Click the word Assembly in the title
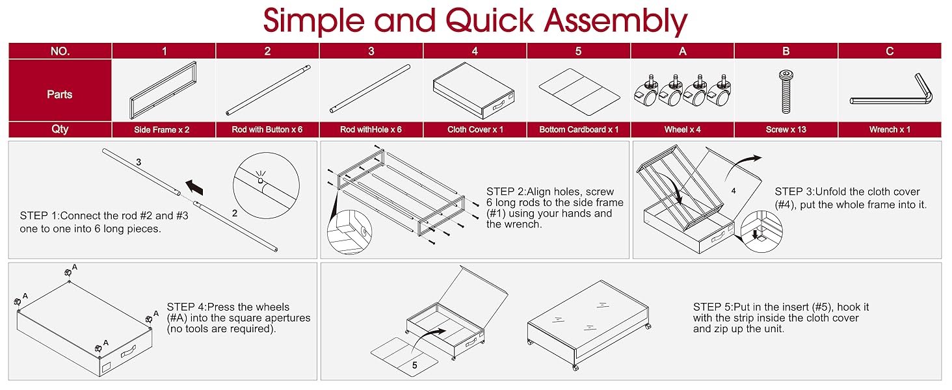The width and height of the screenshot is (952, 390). click(x=615, y=21)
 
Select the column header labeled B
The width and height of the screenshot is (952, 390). click(x=786, y=51)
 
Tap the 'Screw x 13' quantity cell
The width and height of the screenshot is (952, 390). click(x=786, y=129)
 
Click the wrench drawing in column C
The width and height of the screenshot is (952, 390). click(x=891, y=92)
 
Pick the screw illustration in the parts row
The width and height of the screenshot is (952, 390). click(x=785, y=91)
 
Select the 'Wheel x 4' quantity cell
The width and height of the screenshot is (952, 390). click(x=682, y=129)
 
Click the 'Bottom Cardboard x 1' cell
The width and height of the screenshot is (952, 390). click(x=579, y=129)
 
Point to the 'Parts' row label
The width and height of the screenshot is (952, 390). click(x=60, y=94)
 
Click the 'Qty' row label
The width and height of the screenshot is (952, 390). click(x=60, y=129)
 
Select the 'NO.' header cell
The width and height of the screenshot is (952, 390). click(x=60, y=51)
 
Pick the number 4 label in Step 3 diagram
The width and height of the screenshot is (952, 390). click(x=732, y=192)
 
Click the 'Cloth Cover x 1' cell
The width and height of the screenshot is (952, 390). click(x=475, y=129)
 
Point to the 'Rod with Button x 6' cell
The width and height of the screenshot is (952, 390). click(x=267, y=129)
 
